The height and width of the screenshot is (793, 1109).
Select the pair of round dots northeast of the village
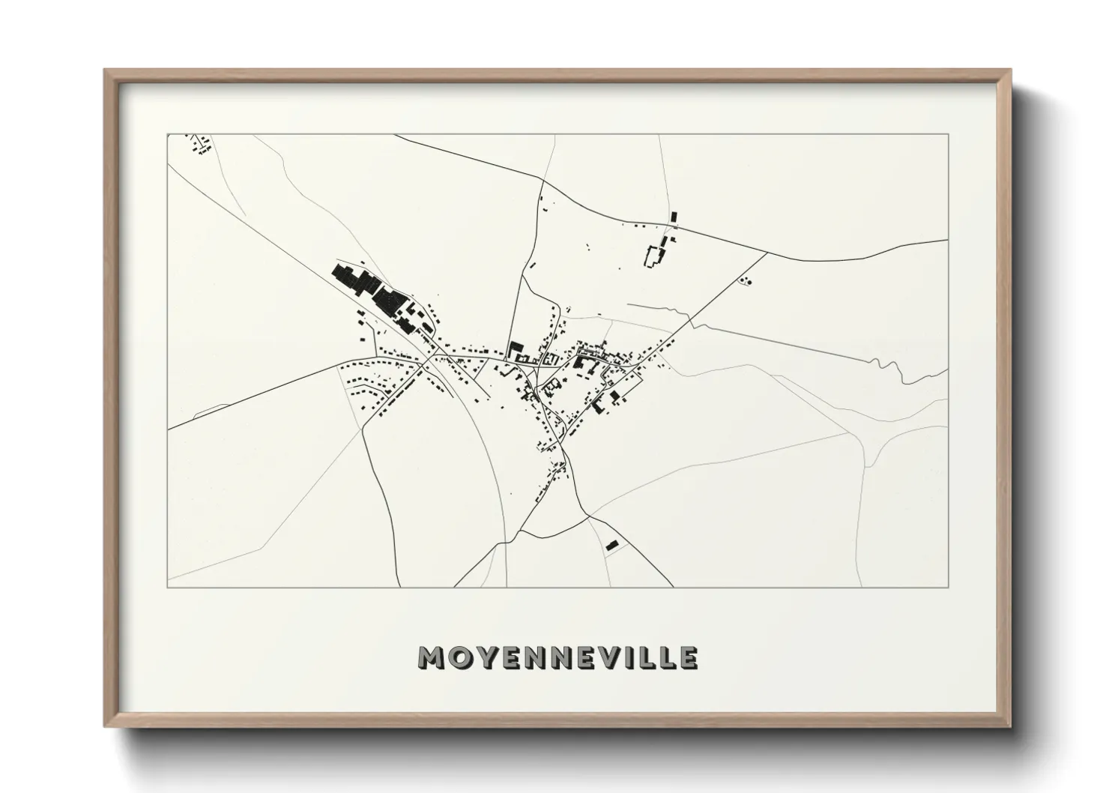pyautogui.click(x=746, y=281)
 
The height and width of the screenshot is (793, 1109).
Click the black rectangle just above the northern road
pyautogui.click(x=673, y=217)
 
